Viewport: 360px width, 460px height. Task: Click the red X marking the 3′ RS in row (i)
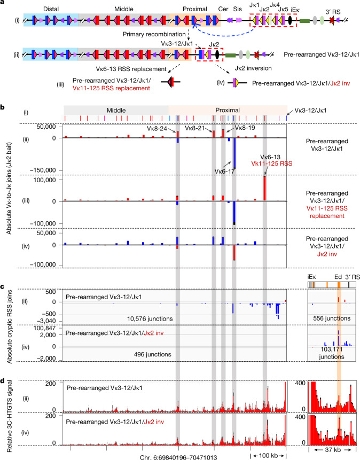pyautogui.click(x=331, y=20)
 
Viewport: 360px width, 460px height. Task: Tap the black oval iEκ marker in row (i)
pyautogui.click(x=290, y=20)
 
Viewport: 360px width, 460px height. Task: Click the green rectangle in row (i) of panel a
pyautogui.click(x=304, y=20)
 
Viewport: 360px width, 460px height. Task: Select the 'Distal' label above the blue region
pyautogui.click(x=51, y=9)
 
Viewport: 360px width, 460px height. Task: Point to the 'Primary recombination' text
pyautogui.click(x=154, y=34)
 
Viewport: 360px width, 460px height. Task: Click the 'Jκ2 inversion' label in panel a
pyautogui.click(x=253, y=68)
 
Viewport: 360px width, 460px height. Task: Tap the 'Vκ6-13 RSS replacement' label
pyautogui.click(x=131, y=69)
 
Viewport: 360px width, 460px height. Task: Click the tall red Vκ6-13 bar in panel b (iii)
pyautogui.click(x=264, y=188)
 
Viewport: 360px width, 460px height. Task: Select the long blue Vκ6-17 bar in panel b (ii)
pyautogui.click(x=234, y=153)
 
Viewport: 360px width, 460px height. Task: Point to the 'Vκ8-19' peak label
pyautogui.click(x=245, y=128)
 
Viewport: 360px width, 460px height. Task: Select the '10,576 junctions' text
pyautogui.click(x=150, y=318)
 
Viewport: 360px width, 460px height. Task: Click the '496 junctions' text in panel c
pyautogui.click(x=153, y=354)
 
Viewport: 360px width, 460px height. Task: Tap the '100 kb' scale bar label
pyautogui.click(x=268, y=456)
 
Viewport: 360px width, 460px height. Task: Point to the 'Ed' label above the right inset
pyautogui.click(x=338, y=277)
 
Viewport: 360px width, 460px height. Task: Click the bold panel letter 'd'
pyautogui.click(x=2, y=381)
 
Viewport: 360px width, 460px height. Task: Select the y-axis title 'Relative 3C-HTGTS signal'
pyautogui.click(x=9, y=416)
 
